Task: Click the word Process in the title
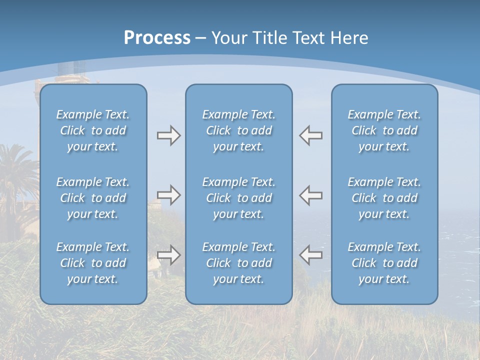[x=157, y=38]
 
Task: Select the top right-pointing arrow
[x=168, y=135]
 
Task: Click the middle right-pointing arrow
[x=168, y=195]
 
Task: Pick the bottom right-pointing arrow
[x=168, y=255]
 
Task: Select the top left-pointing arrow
[x=310, y=135]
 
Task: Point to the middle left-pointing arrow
[x=310, y=195]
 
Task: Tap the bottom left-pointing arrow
[x=310, y=255]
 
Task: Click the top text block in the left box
[x=93, y=130]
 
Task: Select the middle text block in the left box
[x=93, y=198]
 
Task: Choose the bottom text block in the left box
[x=93, y=263]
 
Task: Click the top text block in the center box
[x=238, y=130]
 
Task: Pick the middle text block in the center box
[x=238, y=198]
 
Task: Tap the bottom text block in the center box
[x=238, y=263]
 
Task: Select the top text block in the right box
[x=384, y=130]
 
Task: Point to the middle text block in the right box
[x=384, y=198]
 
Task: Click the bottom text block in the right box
[x=384, y=263]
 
